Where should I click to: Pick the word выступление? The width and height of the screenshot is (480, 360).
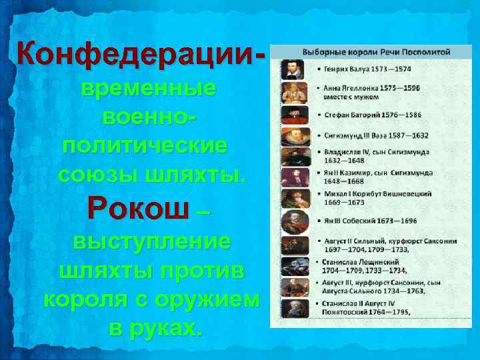tap(151, 241)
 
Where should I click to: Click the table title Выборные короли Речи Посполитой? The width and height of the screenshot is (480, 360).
tap(376, 51)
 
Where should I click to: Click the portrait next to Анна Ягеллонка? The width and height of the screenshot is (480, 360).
tap(292, 92)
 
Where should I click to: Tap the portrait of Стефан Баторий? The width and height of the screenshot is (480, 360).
tap(292, 115)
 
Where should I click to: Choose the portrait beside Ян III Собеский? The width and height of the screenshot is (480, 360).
tap(292, 221)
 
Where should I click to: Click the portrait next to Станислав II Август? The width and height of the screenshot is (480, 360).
tap(292, 309)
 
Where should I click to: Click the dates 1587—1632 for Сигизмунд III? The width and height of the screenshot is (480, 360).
tap(405, 135)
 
